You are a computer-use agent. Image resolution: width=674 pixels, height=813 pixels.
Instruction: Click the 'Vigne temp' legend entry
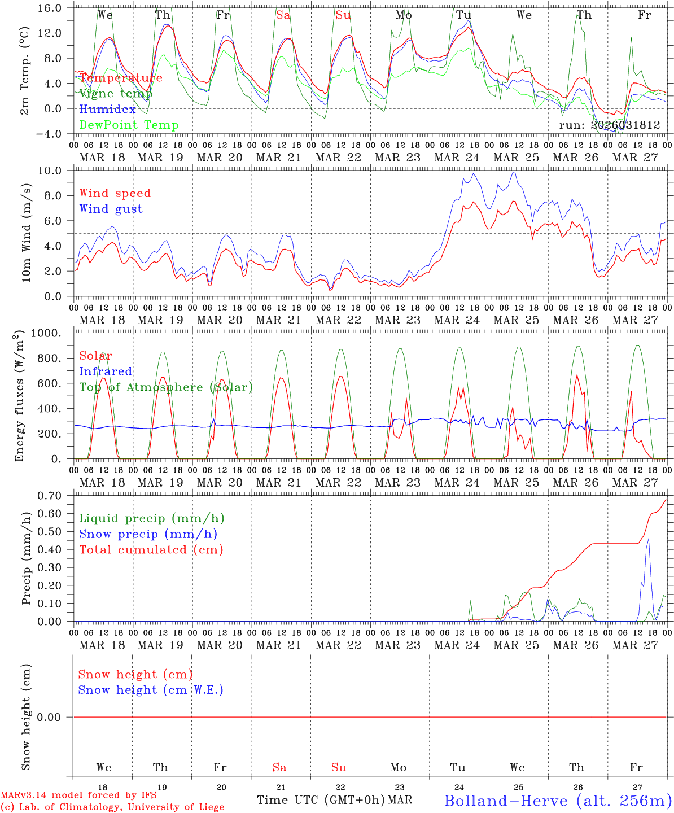(116, 94)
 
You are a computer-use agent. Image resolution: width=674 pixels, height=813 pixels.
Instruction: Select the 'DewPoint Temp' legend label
(129, 125)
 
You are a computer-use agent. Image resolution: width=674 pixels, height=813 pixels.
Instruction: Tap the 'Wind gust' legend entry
(111, 209)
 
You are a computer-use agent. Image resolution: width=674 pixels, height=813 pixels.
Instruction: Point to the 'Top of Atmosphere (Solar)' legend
(166, 387)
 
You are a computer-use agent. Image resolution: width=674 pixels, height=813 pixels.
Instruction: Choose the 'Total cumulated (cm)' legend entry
(151, 549)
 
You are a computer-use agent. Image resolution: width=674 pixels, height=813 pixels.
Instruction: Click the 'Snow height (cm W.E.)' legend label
(151, 690)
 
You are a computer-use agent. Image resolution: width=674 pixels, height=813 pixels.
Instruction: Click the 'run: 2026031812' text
(610, 125)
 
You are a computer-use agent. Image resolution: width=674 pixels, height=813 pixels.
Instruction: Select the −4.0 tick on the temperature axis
(55, 134)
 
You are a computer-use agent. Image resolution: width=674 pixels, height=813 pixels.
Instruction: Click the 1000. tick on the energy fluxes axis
(52, 333)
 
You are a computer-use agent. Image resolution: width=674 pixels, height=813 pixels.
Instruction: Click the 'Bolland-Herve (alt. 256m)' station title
(558, 800)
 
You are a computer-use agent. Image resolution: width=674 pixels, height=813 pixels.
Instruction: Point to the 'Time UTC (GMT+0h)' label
(321, 800)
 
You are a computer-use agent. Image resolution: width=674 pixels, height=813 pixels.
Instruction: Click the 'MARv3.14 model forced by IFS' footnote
(78, 795)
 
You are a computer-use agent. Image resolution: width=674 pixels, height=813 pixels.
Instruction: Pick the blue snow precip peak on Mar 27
(649, 539)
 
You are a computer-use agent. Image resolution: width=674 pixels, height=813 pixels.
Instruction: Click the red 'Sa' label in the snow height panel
(279, 767)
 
